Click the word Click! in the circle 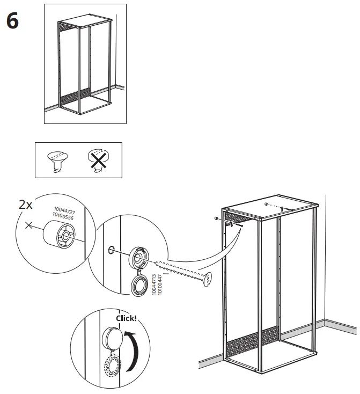click(126, 318)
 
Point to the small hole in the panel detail click(110, 249)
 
